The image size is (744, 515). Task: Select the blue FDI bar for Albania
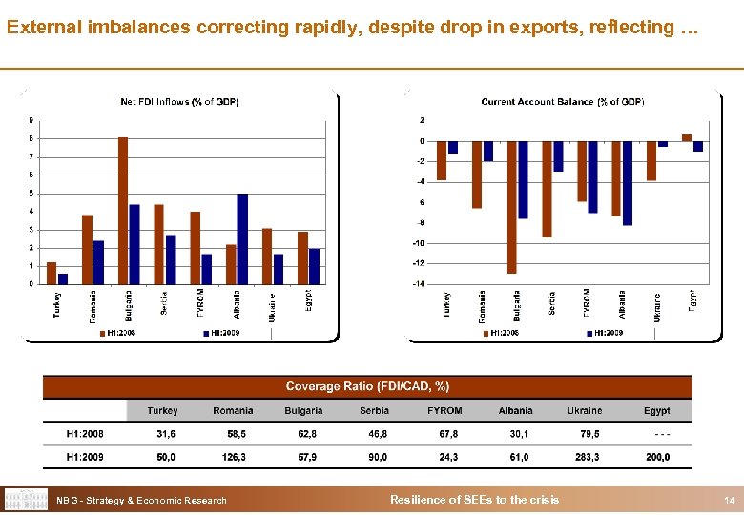point(242,238)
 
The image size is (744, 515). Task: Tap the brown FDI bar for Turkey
point(52,273)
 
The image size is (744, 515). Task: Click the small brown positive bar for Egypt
point(687,137)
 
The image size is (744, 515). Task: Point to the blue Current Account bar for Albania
point(628,183)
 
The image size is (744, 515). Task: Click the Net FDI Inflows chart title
point(179,102)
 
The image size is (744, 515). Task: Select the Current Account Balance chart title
point(563,102)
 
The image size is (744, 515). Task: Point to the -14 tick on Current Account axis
point(419,283)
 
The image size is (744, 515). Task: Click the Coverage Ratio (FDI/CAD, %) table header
point(367,386)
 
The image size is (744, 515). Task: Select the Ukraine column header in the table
point(585,411)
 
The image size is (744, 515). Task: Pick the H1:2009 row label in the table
point(85,458)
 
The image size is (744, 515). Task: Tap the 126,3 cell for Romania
point(233,458)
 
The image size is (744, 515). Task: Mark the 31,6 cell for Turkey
point(165,435)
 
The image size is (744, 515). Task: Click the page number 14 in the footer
point(729,501)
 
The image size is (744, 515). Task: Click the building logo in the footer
point(27,500)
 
